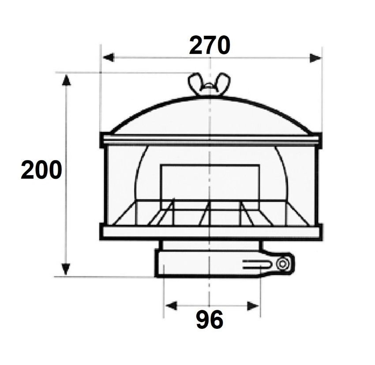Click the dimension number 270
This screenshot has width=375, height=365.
210,45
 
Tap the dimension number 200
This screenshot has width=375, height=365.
41,170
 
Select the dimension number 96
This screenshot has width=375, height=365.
210,320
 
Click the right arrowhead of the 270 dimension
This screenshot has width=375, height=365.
315,58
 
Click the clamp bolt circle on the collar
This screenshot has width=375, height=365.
282,264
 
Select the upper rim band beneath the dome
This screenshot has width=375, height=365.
210,140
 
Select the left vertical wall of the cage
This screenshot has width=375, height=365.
105,185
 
